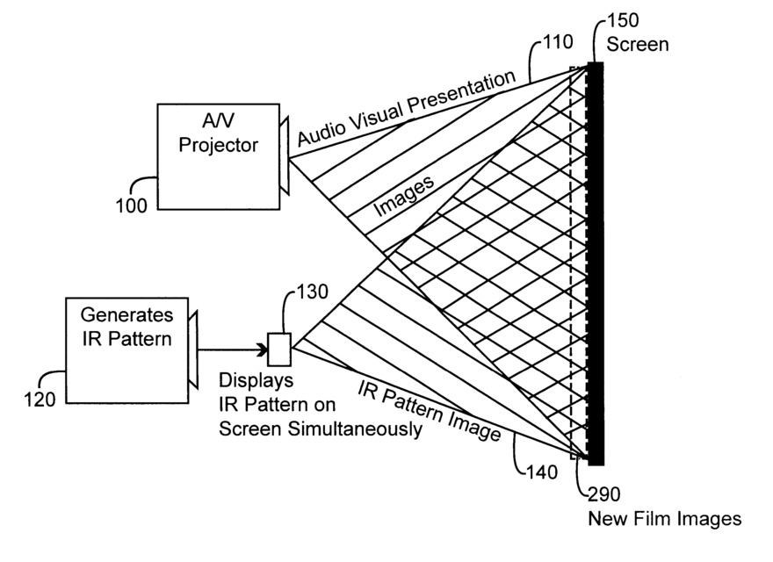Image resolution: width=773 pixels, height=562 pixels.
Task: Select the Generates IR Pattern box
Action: tap(126, 350)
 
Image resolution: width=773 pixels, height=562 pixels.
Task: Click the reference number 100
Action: tap(130, 205)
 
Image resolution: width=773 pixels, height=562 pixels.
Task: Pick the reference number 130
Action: tap(313, 291)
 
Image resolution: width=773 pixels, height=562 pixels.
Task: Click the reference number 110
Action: tap(558, 41)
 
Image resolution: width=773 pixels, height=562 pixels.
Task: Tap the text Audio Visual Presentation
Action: tap(406, 109)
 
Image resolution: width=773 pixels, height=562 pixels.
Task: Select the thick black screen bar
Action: tap(596, 263)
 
